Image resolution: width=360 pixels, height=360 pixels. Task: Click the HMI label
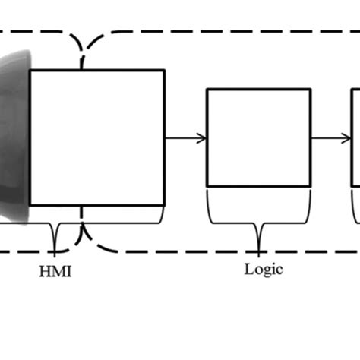[x=55, y=271]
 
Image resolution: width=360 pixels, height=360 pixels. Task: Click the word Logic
[x=263, y=268]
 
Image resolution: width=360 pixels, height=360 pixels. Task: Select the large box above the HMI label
[x=96, y=137]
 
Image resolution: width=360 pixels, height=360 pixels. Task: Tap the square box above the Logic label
[x=258, y=137]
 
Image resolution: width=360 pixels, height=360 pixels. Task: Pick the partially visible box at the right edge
[x=355, y=137]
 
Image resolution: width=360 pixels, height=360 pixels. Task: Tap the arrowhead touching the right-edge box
[x=346, y=137]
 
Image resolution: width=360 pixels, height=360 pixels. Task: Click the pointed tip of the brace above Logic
[x=259, y=249]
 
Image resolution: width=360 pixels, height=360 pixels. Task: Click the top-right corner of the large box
[x=164, y=71]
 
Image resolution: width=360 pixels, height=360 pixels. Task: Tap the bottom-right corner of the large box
[x=164, y=205]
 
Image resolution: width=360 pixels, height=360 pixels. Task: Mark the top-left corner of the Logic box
[x=208, y=90]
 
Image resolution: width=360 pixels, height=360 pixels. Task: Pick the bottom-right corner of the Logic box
[x=310, y=186]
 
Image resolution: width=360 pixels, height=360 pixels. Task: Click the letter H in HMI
[x=43, y=271]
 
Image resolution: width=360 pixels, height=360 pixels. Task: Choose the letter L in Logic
[x=249, y=268]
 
